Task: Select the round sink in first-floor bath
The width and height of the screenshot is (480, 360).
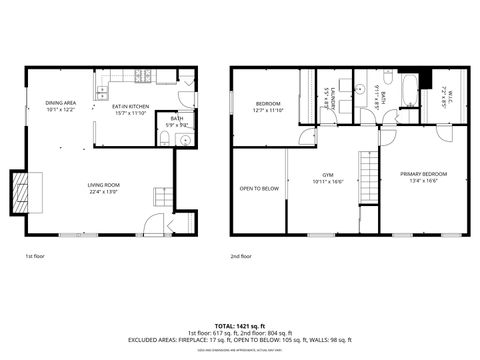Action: click(x=186, y=140)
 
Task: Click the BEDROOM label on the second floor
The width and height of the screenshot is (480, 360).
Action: click(x=268, y=104)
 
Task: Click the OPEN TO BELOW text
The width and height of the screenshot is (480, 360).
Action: click(x=258, y=187)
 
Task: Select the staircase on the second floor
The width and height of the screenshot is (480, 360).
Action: click(x=369, y=179)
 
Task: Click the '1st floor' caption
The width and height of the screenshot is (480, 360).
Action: click(x=35, y=257)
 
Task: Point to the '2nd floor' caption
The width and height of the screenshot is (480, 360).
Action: click(x=242, y=257)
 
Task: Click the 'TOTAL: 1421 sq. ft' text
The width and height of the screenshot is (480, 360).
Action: click(x=240, y=325)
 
